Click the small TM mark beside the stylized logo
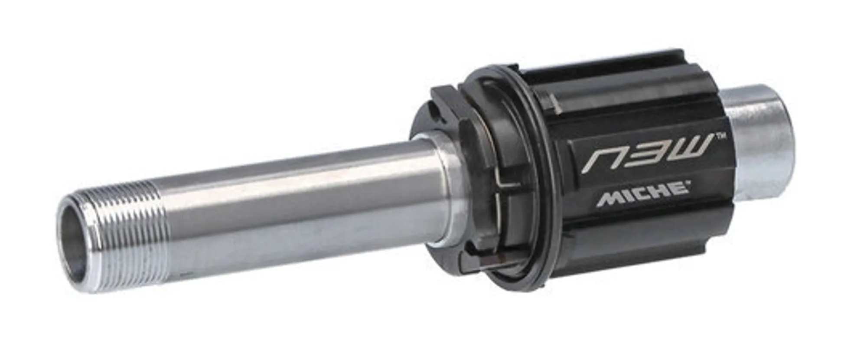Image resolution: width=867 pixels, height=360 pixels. tap(721, 137)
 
